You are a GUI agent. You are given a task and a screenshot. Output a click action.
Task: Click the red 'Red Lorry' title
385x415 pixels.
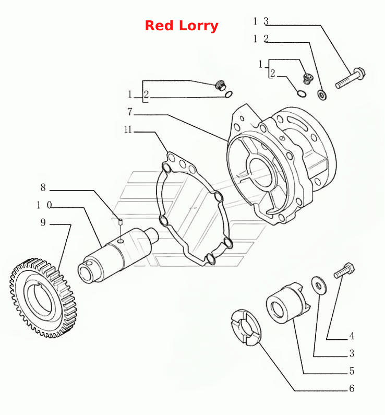pyautogui.click(x=182, y=26)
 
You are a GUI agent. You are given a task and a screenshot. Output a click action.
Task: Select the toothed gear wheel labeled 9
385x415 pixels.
pyautogui.click(x=43, y=298)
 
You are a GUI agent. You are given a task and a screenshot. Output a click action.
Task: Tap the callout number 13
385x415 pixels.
pyautogui.click(x=261, y=21)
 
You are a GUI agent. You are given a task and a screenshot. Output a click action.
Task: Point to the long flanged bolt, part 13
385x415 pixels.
pyautogui.click(x=351, y=78)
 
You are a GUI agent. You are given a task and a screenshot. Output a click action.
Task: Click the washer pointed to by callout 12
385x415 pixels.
pyautogui.click(x=322, y=94)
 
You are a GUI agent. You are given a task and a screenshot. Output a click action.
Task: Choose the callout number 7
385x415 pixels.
pyautogui.click(x=129, y=112)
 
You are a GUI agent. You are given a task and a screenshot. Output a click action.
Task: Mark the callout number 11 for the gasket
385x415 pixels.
pyautogui.click(x=128, y=129)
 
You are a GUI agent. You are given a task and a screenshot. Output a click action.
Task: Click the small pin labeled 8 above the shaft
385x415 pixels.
pyautogui.click(x=121, y=221)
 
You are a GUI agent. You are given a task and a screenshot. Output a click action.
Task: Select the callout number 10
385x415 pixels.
pyautogui.click(x=44, y=205)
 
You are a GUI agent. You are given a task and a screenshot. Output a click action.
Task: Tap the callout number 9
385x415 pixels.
pyautogui.click(x=43, y=222)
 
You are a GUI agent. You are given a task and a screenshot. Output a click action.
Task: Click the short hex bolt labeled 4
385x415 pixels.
pyautogui.click(x=344, y=270)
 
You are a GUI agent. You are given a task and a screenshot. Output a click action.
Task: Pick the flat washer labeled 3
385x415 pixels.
pyautogui.click(x=319, y=286)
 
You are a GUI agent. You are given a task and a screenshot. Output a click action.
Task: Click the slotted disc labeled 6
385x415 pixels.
pyautogui.click(x=245, y=328)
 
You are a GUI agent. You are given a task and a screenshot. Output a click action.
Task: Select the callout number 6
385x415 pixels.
pyautogui.click(x=352, y=388)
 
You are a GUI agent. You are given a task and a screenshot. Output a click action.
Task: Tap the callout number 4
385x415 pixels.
pyautogui.click(x=352, y=336)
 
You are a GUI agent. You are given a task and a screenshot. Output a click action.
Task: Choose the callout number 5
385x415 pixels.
pyautogui.click(x=352, y=371)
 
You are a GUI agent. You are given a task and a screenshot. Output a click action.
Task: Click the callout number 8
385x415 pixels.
pyautogui.click(x=43, y=187)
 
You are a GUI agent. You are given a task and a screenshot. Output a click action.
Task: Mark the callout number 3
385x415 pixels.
pyautogui.click(x=352, y=353)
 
